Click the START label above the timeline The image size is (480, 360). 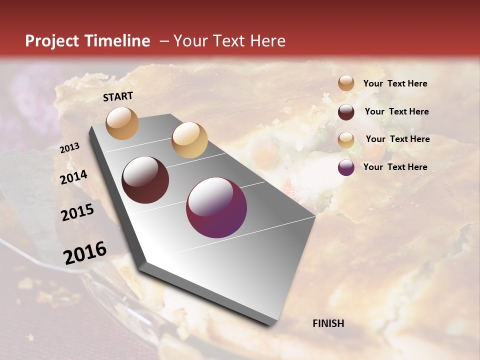[x=118, y=96]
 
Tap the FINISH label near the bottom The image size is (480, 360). [x=328, y=323]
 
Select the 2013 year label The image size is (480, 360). [x=70, y=147]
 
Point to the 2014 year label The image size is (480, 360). [x=74, y=177]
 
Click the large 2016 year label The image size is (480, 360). [x=85, y=252]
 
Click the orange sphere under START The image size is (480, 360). [x=122, y=123]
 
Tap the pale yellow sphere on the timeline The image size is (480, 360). [x=189, y=140]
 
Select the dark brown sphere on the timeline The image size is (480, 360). [x=145, y=180]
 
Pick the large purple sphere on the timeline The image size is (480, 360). [x=216, y=207]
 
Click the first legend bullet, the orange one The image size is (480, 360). [x=346, y=83]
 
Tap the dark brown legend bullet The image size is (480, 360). [x=346, y=112]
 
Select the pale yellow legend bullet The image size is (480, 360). [x=346, y=140]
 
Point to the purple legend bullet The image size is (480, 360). [x=346, y=168]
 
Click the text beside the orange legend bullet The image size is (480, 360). [x=395, y=83]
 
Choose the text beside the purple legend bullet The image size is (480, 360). [x=395, y=167]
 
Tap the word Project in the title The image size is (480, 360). [x=51, y=41]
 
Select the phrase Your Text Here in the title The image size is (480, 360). [x=229, y=41]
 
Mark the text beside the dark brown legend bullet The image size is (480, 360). [x=396, y=111]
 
